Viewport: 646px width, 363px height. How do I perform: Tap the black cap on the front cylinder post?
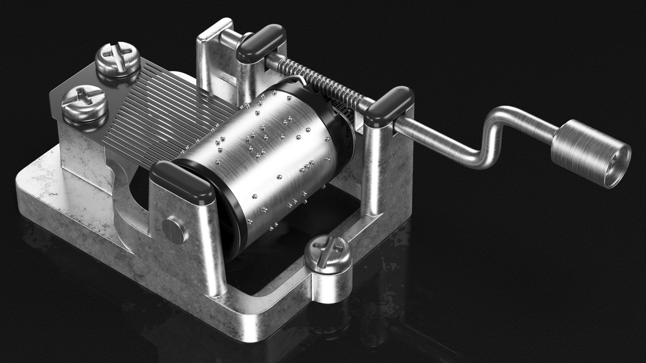pos(182,182)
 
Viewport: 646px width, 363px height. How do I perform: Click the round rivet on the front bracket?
pos(175,230)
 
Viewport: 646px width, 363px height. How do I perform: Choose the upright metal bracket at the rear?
pos(215,57)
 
